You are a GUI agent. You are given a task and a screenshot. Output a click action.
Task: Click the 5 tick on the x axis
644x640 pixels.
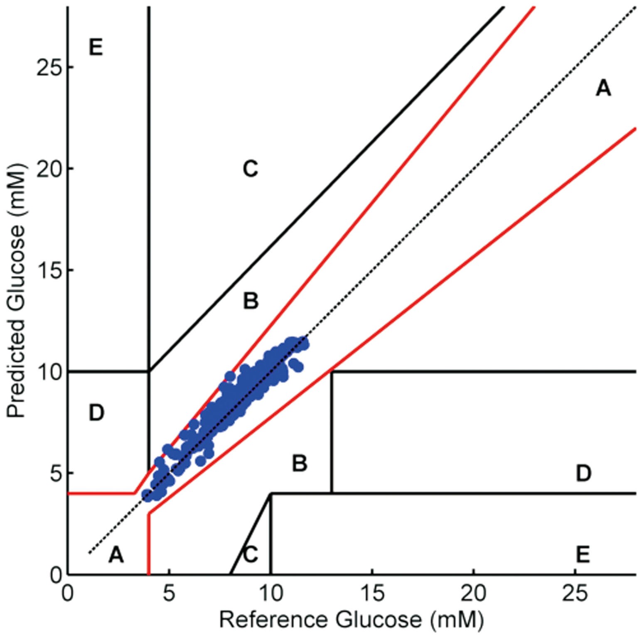click(x=169, y=593)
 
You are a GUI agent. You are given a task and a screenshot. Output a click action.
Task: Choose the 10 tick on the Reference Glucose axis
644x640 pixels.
click(x=270, y=593)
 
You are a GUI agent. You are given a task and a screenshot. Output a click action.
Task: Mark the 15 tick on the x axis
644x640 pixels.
click(x=372, y=593)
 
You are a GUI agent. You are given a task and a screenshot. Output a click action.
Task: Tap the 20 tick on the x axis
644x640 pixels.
click(x=474, y=593)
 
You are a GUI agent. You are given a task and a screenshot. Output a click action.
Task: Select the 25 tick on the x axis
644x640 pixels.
click(x=575, y=593)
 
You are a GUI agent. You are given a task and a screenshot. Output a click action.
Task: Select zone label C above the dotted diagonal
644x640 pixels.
click(x=250, y=169)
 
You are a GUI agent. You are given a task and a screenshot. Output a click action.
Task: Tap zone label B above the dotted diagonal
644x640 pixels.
click(x=251, y=301)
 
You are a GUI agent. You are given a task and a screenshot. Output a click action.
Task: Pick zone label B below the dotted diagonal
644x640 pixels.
click(x=299, y=463)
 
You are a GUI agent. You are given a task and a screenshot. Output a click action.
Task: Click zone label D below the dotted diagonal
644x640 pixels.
click(x=583, y=473)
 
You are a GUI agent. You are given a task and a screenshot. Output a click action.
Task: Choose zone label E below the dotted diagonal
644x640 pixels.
click(x=583, y=554)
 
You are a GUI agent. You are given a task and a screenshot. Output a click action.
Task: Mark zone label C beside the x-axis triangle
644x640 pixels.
click(x=250, y=554)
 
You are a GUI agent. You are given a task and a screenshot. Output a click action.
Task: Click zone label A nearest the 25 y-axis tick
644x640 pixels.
click(x=603, y=88)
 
